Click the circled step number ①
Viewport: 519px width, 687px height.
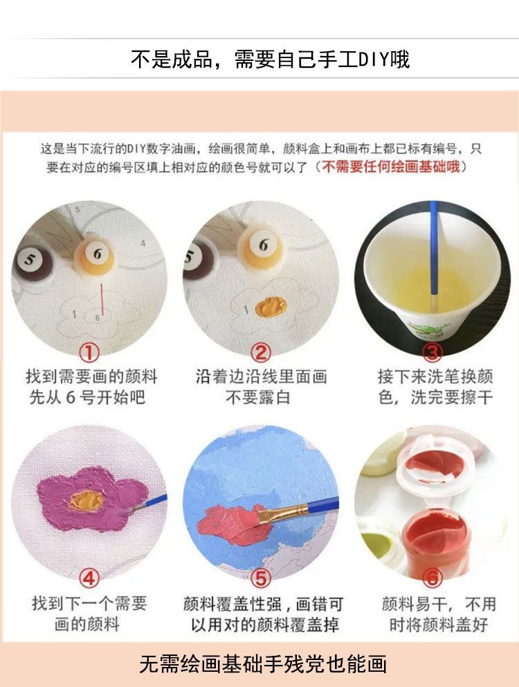pyautogui.click(x=89, y=352)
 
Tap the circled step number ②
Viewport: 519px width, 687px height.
pyautogui.click(x=260, y=352)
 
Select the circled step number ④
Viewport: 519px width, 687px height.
pyautogui.click(x=89, y=578)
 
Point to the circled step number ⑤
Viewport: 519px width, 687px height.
pyautogui.click(x=260, y=578)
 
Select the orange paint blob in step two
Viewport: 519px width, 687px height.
pyautogui.click(x=271, y=306)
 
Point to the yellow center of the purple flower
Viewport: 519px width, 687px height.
pyautogui.click(x=86, y=500)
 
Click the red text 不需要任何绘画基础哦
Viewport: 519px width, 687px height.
pyautogui.click(x=391, y=167)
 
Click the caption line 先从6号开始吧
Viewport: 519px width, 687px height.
pyautogui.click(x=87, y=397)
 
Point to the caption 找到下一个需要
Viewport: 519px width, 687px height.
pyautogui.click(x=89, y=603)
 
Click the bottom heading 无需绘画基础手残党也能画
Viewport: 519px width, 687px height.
pyautogui.click(x=263, y=664)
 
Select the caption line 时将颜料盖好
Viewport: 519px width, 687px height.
pyautogui.click(x=438, y=624)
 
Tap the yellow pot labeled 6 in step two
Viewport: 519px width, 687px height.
pyautogui.click(x=262, y=248)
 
